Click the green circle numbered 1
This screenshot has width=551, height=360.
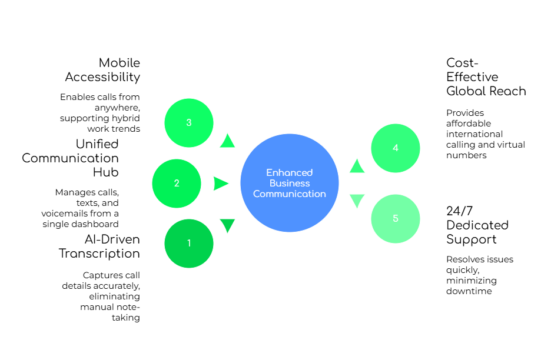(189, 243)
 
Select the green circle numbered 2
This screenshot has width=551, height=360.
(177, 184)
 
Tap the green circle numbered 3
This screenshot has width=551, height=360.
(189, 122)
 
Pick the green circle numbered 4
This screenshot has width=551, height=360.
(396, 148)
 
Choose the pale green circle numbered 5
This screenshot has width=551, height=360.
(396, 218)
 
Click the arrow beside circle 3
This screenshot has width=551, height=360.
(227, 141)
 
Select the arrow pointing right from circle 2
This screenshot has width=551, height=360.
(221, 184)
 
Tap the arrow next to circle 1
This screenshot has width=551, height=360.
(227, 225)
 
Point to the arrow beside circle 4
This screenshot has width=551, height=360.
(357, 166)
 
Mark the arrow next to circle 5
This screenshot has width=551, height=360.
(357, 201)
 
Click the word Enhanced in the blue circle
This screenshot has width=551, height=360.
(289, 172)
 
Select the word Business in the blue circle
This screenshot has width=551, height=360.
(289, 183)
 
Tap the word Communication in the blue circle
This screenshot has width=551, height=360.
(289, 194)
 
